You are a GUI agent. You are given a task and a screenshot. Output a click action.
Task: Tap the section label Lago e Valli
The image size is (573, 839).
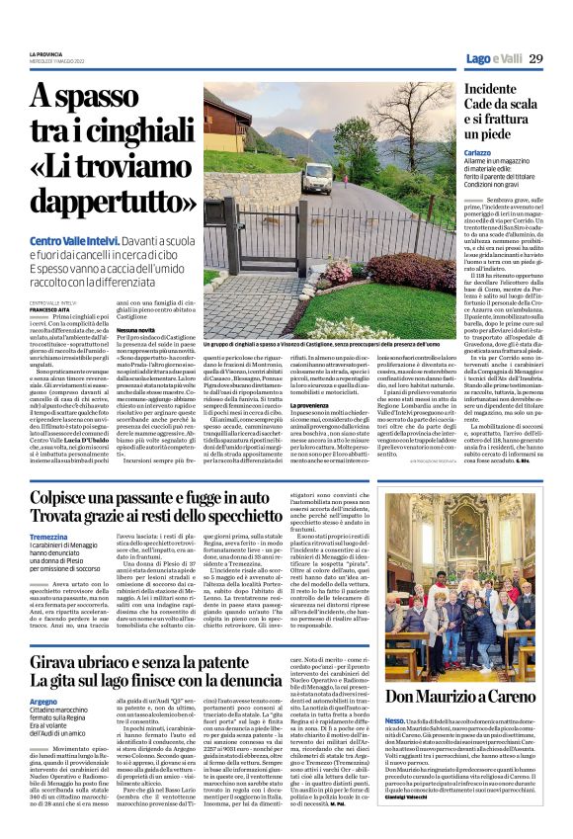491,59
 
